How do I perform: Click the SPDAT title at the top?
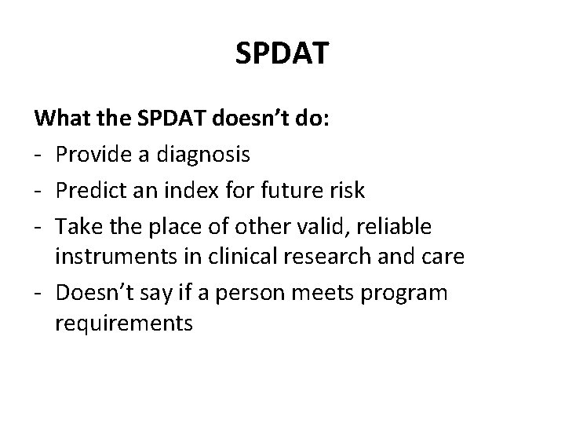[282, 53]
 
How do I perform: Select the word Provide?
[90, 155]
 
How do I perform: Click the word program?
[413, 292]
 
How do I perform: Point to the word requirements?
[123, 323]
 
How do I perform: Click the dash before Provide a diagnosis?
[39, 155]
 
